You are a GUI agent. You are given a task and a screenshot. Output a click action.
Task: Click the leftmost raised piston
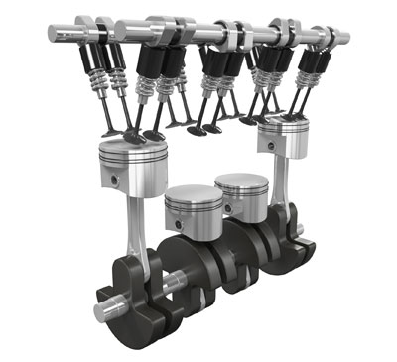coord(130,165)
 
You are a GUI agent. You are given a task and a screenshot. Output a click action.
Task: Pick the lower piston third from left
coord(241,195)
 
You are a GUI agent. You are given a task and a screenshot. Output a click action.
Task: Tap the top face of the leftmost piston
coord(130,145)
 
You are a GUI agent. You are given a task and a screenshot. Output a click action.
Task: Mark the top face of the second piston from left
coord(193,195)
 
